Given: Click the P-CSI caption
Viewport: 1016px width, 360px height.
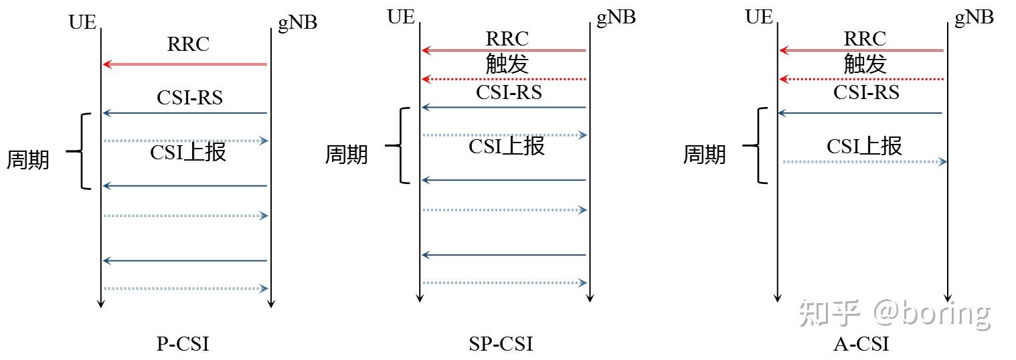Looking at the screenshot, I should (x=183, y=344).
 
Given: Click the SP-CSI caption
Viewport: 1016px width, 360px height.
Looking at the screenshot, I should (x=501, y=344).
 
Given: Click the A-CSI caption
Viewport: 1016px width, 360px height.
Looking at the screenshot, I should (x=861, y=344).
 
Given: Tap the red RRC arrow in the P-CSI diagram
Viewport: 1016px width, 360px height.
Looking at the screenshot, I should (x=185, y=64).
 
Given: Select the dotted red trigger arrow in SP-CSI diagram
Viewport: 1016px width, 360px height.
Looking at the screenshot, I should (x=504, y=79).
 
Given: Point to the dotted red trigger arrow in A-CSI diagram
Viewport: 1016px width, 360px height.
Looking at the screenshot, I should (x=862, y=79).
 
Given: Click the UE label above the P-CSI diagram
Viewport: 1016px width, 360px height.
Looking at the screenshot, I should (x=82, y=21).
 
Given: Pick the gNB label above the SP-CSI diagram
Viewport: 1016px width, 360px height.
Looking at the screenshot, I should (x=616, y=17).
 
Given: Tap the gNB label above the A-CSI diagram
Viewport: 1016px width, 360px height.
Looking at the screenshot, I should (x=974, y=17).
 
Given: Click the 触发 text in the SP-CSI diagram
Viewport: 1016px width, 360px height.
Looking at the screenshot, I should (x=507, y=64).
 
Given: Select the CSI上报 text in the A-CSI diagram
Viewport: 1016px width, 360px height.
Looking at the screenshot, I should (x=864, y=146).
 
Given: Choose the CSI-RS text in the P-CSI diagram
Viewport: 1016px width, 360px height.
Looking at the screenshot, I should (x=189, y=98).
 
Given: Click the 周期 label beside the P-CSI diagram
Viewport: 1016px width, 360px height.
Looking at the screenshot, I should (x=28, y=160).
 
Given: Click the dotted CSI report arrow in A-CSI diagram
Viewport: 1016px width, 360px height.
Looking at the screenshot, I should (x=864, y=161).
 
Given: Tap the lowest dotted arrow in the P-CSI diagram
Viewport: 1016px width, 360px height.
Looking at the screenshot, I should (x=185, y=288).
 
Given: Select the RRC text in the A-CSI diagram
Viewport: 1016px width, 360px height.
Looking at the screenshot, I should (x=865, y=38).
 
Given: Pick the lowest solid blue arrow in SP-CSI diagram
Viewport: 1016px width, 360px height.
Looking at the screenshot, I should (x=504, y=255).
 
